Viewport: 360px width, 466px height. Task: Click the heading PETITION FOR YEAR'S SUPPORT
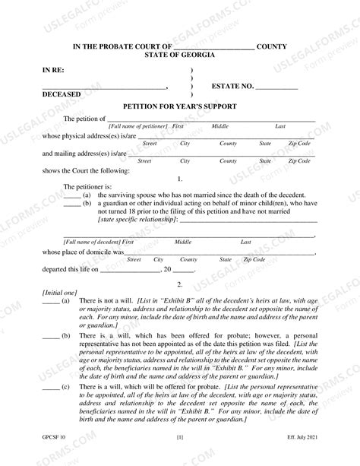pos(179,107)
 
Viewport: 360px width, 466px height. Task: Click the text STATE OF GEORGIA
pos(179,55)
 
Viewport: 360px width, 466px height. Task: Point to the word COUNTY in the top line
pos(271,46)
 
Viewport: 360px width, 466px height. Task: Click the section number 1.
pos(179,179)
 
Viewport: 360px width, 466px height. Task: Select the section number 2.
pos(179,284)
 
